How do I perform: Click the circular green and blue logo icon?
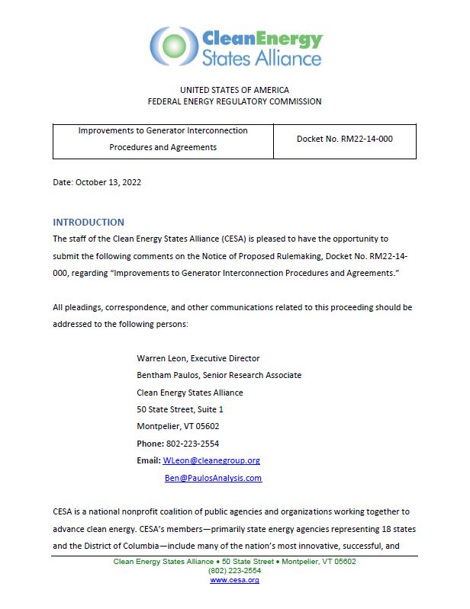coord(174,46)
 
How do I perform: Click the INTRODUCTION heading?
coord(89,222)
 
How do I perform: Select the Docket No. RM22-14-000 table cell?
coord(344,139)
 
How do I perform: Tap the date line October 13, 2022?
coord(97,182)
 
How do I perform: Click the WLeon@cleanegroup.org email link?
coord(212,460)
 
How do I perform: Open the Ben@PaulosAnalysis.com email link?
coord(213,478)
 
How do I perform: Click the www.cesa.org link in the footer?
coord(234,580)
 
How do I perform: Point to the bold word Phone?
coord(150,444)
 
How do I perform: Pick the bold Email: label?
coord(149,460)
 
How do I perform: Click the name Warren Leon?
coord(162,358)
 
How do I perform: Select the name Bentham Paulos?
coord(168,375)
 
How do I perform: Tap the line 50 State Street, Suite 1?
coord(180,409)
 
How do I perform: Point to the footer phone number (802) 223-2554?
coord(234,570)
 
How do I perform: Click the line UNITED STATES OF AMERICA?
coord(234,90)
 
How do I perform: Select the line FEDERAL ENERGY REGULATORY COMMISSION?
coord(234,101)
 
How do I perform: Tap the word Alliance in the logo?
coord(285,58)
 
